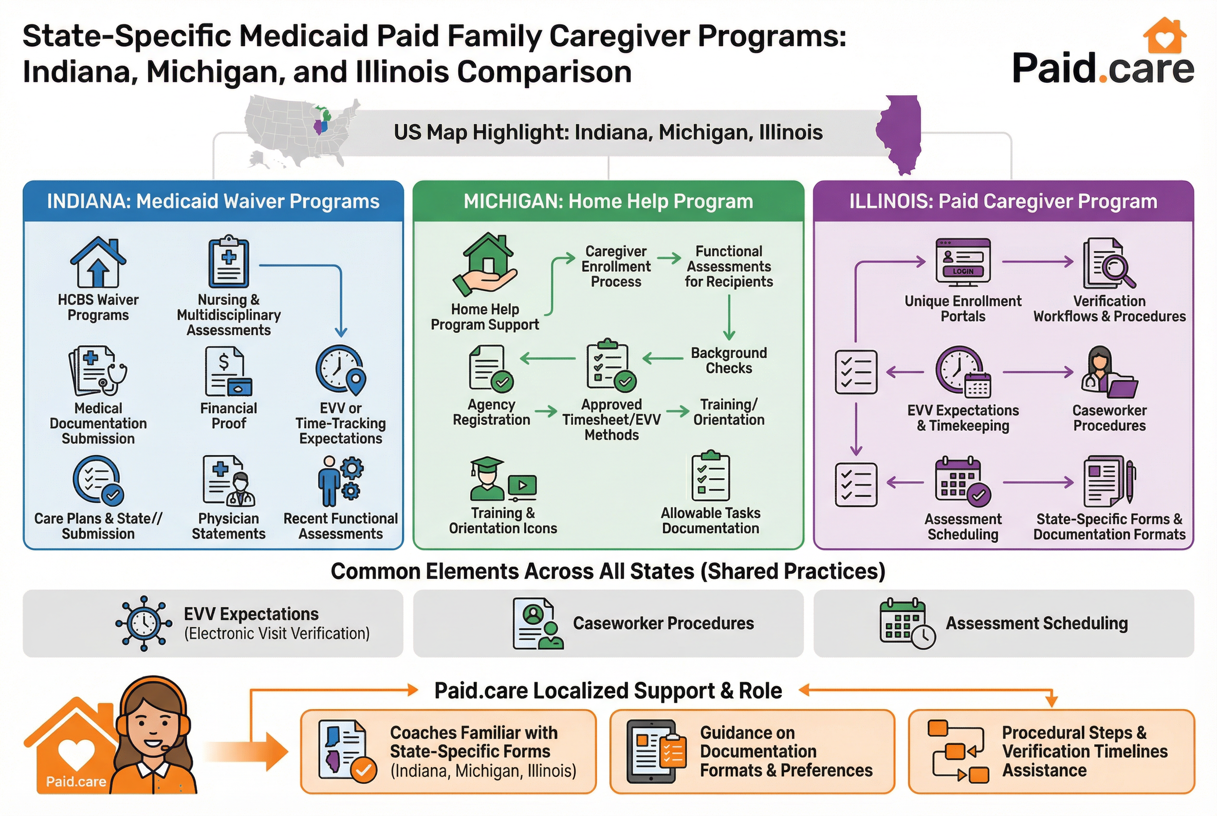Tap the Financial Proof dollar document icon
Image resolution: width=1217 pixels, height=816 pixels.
coord(228,372)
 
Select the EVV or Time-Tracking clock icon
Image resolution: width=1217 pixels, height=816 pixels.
coord(340,370)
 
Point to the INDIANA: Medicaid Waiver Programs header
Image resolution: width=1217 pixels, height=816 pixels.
coord(213,201)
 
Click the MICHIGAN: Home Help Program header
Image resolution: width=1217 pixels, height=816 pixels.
coord(608,201)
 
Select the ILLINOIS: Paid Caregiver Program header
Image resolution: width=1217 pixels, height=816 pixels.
coord(1003,201)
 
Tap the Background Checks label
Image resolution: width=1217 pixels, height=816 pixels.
coord(729,360)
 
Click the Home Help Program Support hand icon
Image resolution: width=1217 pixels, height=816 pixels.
coord(485,265)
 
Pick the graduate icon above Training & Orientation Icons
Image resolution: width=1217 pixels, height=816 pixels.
coord(487,478)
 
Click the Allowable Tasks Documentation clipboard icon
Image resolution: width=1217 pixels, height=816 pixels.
coord(711,476)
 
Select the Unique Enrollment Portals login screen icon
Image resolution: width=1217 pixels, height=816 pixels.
coord(962,262)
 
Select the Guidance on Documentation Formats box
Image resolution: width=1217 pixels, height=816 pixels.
coord(752,751)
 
